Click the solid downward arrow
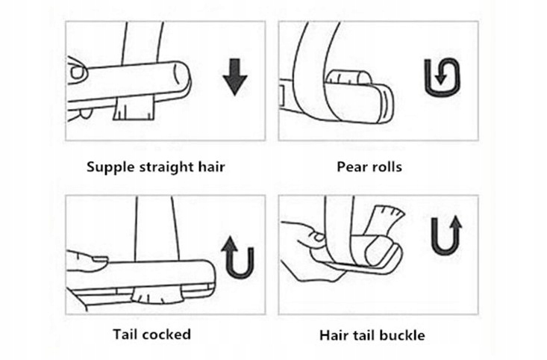tap(235, 78)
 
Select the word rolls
tap(386, 167)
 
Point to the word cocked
tap(166, 335)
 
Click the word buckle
tap(402, 335)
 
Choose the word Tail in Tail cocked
tap(125, 335)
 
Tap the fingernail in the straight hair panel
tap(77, 72)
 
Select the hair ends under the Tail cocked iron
tap(157, 293)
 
